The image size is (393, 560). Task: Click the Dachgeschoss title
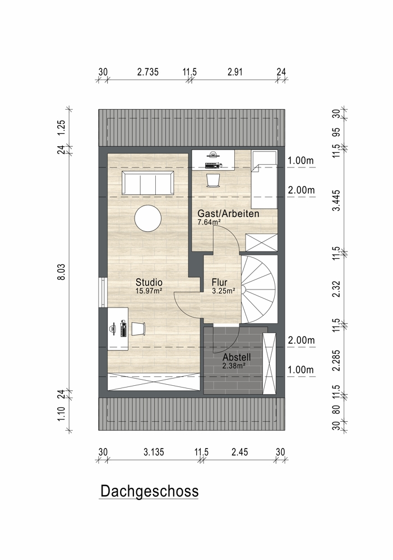point(150,492)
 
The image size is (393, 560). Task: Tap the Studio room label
point(149,282)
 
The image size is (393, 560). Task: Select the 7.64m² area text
point(209,222)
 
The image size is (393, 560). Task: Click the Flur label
point(220,282)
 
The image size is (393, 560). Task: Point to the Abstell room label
point(237,357)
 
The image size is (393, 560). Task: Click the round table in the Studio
point(148,218)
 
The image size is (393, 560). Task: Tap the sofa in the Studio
point(148,183)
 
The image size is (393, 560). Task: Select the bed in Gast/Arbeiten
point(264,179)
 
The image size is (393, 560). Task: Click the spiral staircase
point(258,289)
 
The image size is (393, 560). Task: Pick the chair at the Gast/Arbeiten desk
point(213,180)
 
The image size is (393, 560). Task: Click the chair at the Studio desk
point(138,329)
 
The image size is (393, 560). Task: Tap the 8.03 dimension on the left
point(62,272)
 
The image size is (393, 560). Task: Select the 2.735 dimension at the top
point(147,72)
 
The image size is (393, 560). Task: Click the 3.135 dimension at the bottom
point(154,452)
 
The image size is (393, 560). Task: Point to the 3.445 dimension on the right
point(336,200)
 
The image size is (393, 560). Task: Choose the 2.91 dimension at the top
point(235,72)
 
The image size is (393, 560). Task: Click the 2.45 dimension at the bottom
point(239,452)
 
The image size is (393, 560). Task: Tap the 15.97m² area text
point(149,291)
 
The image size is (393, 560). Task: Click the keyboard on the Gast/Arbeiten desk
point(213,165)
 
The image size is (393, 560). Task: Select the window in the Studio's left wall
point(103,292)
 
